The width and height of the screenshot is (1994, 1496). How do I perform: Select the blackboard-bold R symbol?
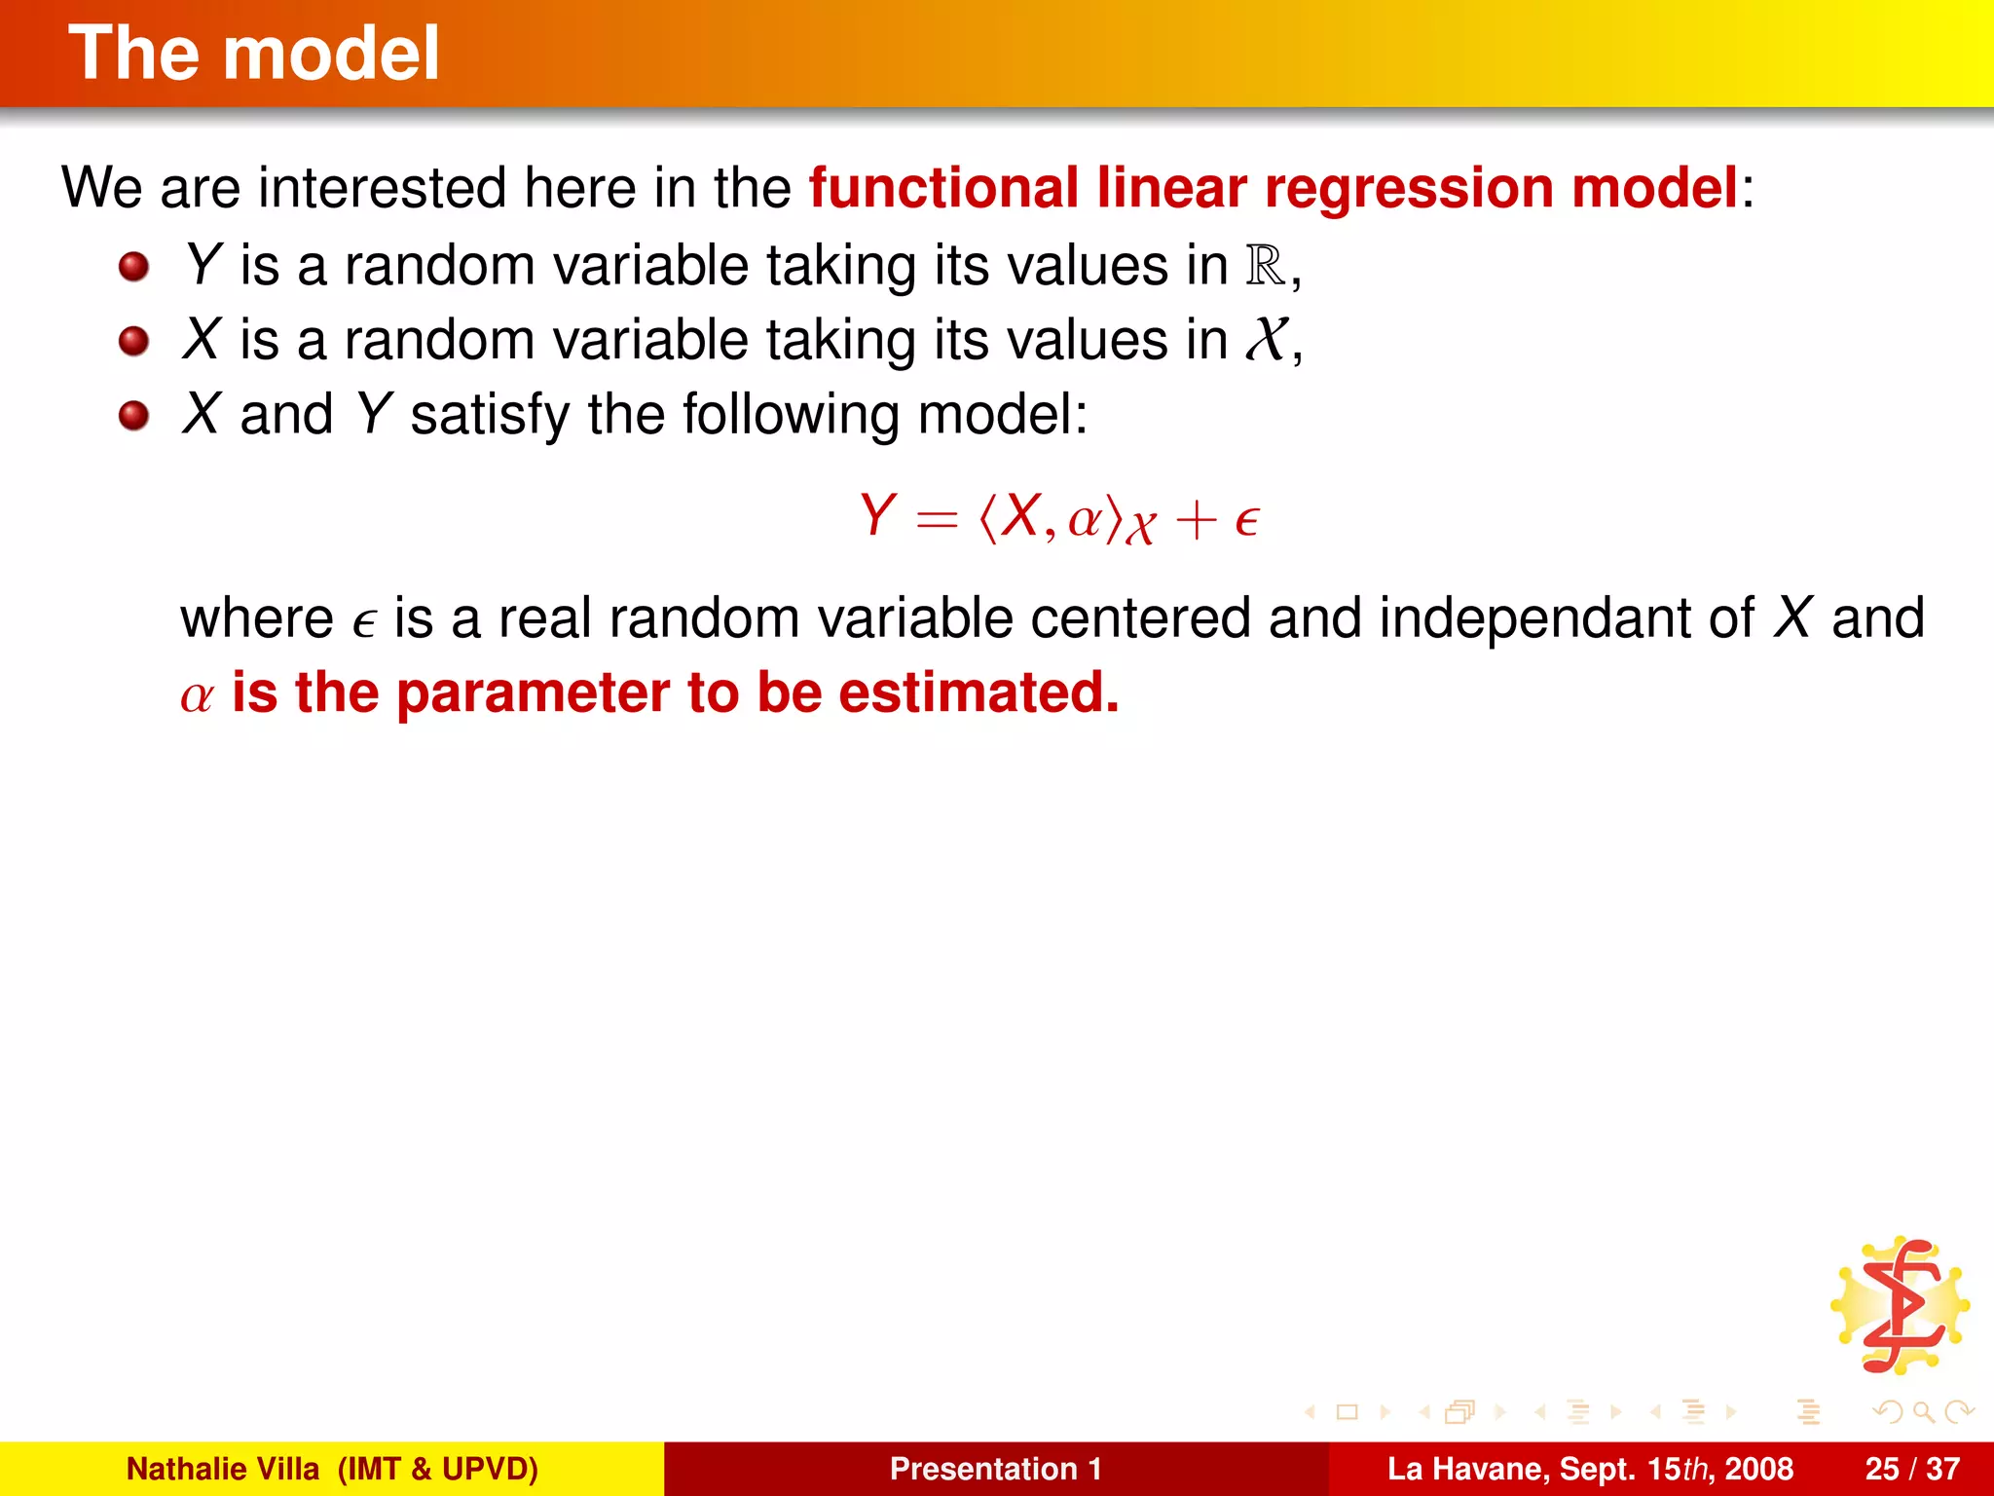[x=1266, y=265]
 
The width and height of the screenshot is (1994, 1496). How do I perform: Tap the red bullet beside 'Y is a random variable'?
[x=133, y=266]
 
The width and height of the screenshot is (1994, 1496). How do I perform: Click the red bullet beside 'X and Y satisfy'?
[x=133, y=416]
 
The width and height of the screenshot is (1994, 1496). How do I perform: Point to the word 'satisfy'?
[x=489, y=415]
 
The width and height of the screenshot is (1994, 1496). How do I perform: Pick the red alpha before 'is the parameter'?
[x=197, y=696]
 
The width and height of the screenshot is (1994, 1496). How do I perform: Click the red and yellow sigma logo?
[x=1901, y=1306]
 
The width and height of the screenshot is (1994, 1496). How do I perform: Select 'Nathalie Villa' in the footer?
[x=223, y=1469]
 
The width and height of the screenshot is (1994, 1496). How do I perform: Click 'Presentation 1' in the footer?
[x=996, y=1469]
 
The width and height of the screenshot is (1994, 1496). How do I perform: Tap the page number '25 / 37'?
[x=1912, y=1469]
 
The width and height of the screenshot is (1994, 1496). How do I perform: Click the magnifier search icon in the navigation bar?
[x=1923, y=1411]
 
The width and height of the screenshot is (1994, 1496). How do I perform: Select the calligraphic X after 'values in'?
[x=1267, y=340]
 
